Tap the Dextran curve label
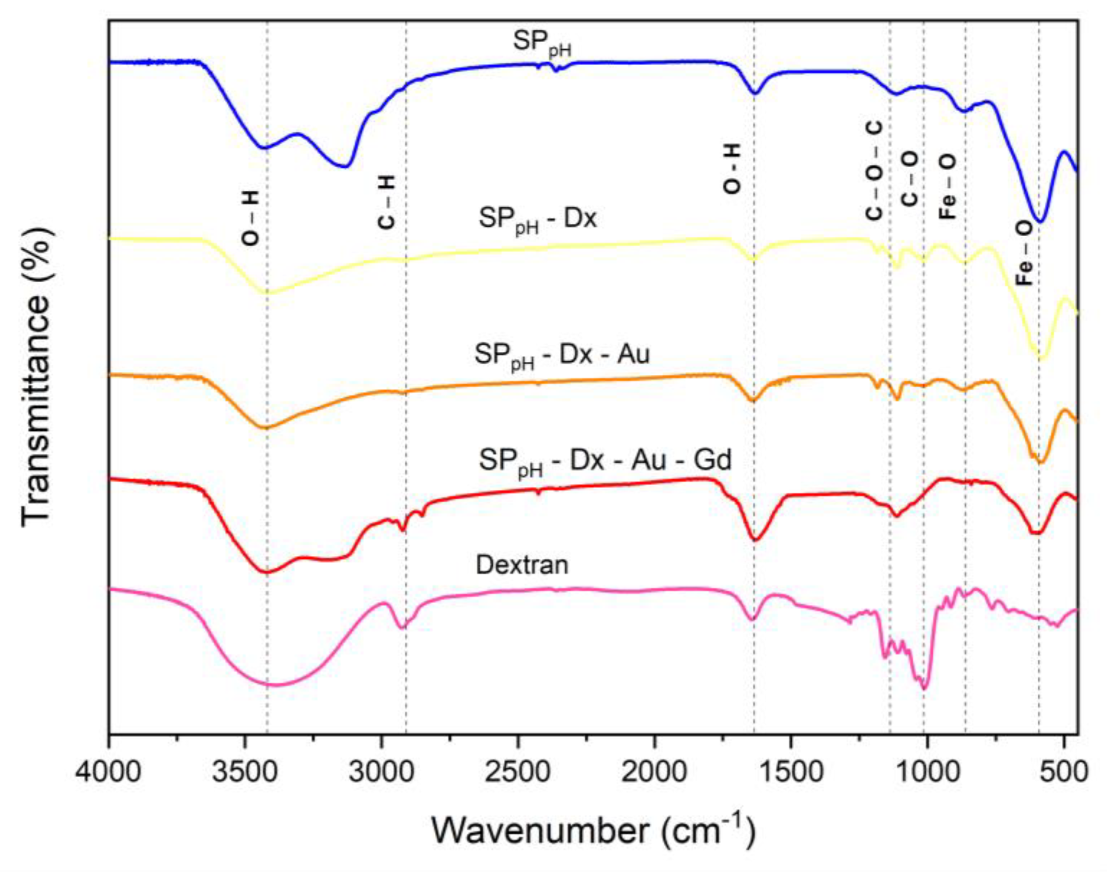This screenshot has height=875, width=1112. (x=521, y=565)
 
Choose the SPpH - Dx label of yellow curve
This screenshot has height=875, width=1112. (x=538, y=222)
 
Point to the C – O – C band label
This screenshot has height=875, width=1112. (x=874, y=172)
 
